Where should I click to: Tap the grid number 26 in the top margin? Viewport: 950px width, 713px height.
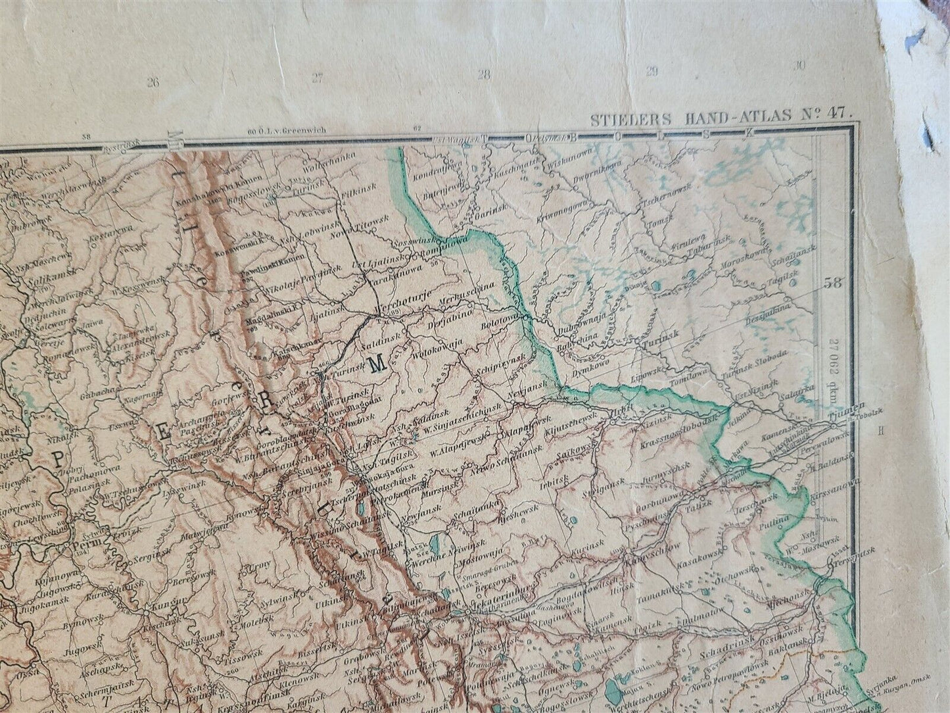(x=154, y=83)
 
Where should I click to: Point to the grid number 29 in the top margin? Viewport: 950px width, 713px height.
(x=652, y=72)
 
